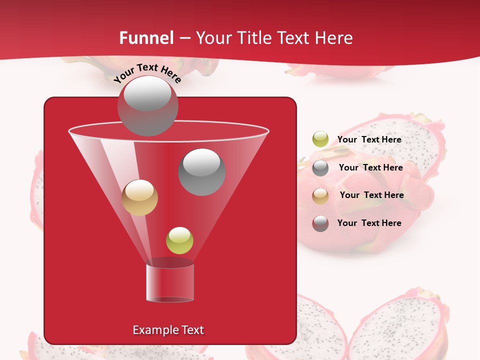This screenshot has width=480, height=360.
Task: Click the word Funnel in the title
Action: click(146, 38)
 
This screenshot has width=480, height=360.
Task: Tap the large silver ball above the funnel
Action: click(147, 105)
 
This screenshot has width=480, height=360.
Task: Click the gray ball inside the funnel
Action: click(202, 171)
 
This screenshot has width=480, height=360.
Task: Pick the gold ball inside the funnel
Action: click(139, 197)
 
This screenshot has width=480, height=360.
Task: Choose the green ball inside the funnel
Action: click(179, 240)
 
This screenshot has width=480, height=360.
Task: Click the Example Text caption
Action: click(168, 330)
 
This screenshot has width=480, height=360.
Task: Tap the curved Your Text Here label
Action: click(147, 73)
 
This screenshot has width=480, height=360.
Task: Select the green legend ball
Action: click(320, 139)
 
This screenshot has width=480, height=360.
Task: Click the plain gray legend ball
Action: click(320, 168)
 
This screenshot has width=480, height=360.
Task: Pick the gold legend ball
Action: click(320, 196)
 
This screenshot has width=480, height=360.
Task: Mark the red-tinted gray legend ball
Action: click(320, 223)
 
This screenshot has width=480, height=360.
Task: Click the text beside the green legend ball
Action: click(369, 139)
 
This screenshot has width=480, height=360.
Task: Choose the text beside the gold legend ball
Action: click(371, 195)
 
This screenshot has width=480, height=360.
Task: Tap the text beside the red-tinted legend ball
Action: click(369, 223)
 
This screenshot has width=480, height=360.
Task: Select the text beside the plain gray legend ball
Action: click(370, 167)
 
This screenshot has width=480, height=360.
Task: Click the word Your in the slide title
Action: click(213, 38)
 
